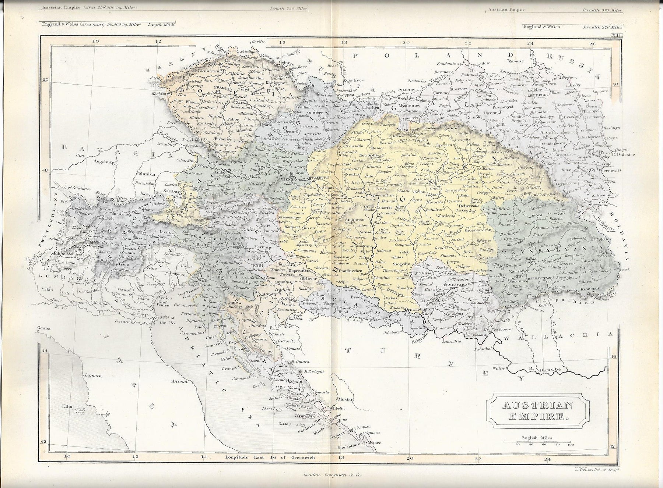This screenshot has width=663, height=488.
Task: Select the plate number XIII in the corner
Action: point(617,35)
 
